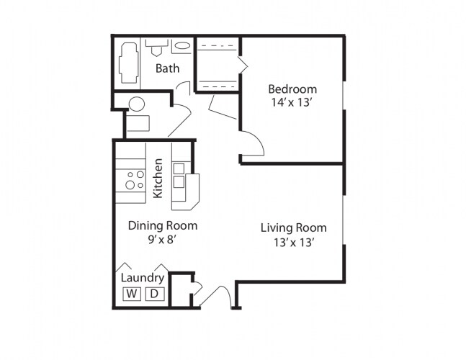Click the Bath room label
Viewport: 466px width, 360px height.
coord(167,69)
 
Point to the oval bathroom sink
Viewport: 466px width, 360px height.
coord(183,46)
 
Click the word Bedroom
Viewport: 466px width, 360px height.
coord(292,89)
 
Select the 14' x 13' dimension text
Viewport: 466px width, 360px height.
coord(292,103)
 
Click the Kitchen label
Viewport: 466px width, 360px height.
coord(158,179)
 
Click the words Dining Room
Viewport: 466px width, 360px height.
coord(162,225)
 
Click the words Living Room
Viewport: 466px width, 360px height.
coord(293,228)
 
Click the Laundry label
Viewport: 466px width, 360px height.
coord(143,278)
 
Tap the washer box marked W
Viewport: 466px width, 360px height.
coord(132,294)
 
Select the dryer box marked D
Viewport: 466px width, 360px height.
coord(154,294)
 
